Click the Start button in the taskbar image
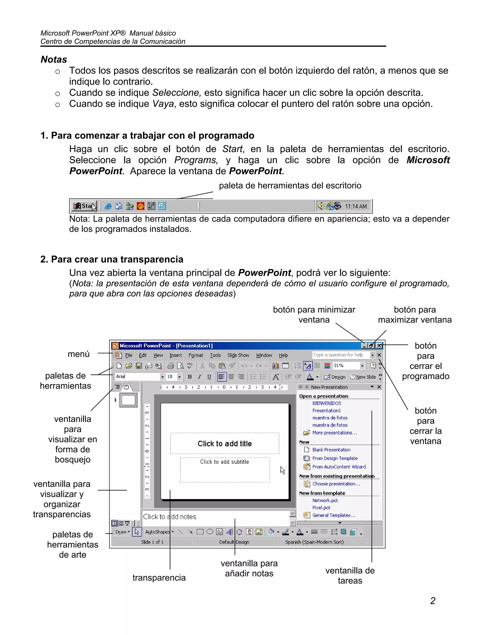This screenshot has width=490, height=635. coord(84,206)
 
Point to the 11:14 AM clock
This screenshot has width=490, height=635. coord(356,206)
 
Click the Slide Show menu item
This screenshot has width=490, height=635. coord(238,355)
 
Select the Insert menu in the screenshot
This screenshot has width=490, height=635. coord(176,355)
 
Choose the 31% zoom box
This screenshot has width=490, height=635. coord(345,366)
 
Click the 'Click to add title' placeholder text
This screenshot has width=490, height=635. coord(225,444)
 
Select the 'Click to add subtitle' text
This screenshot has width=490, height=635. coord(224,462)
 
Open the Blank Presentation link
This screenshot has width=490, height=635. coord(331,450)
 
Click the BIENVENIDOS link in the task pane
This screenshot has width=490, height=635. coord(327,403)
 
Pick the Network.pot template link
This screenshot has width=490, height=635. coord(325,500)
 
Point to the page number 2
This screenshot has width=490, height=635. coord(433,601)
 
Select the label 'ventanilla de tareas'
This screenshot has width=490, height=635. coord(350,576)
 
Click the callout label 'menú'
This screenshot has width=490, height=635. coord(78,354)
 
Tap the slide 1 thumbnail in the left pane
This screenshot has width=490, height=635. coord(128,400)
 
